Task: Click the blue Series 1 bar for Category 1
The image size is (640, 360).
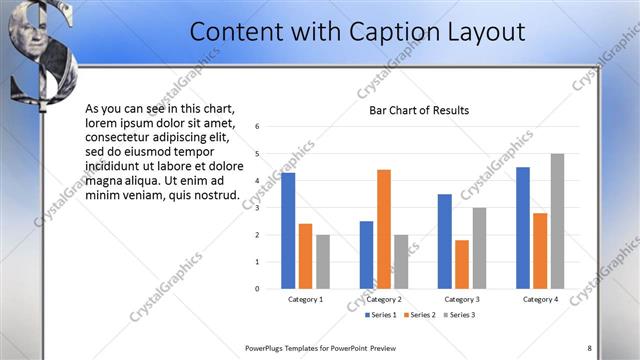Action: (x=288, y=231)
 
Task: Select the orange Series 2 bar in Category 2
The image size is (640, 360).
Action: (x=384, y=229)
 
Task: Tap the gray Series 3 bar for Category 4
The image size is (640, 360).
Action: (x=557, y=221)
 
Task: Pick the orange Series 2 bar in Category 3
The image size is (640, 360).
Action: (x=462, y=264)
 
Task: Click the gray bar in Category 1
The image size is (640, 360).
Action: (x=323, y=262)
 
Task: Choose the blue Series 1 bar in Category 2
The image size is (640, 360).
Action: (x=366, y=255)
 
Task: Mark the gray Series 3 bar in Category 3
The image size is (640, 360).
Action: (x=479, y=248)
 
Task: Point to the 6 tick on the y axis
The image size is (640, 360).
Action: (x=258, y=127)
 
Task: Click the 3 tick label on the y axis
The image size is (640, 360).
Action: (x=258, y=208)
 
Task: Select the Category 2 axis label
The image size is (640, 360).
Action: (x=384, y=299)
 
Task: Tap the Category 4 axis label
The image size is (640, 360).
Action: (x=540, y=299)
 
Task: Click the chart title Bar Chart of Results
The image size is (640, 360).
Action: (x=419, y=110)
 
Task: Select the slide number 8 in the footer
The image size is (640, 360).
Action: (x=589, y=348)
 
